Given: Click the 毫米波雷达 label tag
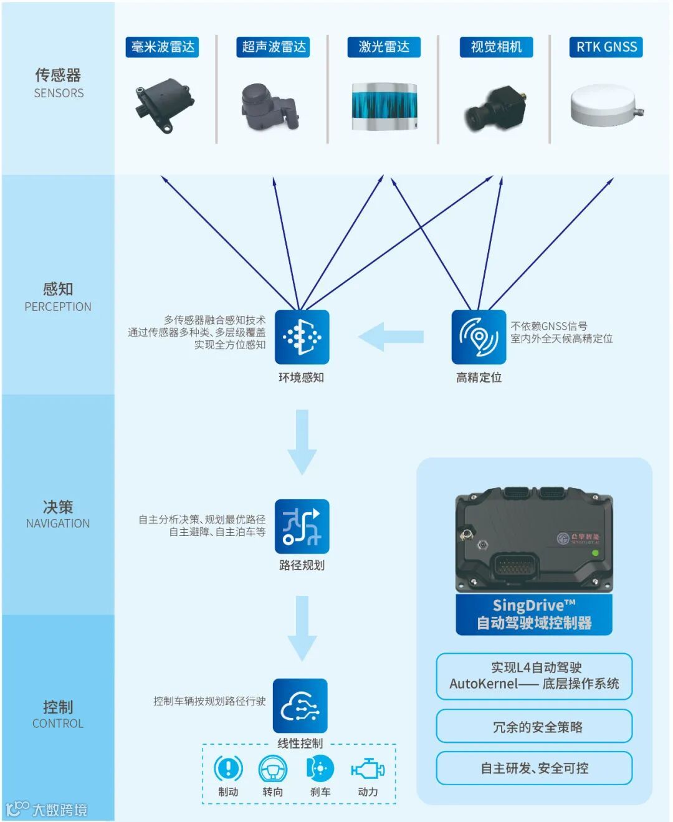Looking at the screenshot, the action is (x=163, y=47).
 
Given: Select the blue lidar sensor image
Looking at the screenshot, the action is (x=384, y=107).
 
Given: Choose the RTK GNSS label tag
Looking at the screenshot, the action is (x=606, y=47).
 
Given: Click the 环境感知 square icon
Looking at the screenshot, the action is (x=302, y=337).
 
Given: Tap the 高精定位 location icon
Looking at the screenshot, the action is (x=479, y=337).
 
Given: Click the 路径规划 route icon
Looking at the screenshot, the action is (x=302, y=527).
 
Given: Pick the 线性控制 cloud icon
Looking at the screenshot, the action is (x=300, y=706).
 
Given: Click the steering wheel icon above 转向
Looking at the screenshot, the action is (x=273, y=769).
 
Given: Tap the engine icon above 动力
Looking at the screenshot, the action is (x=368, y=769).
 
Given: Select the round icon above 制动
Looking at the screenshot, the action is (x=228, y=768).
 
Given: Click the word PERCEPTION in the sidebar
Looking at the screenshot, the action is (x=58, y=307).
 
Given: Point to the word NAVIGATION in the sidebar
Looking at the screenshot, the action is (x=58, y=523).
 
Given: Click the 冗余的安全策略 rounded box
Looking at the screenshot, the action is (x=534, y=727).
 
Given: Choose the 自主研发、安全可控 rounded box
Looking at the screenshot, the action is (x=534, y=768).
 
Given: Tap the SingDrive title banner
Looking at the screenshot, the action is (x=534, y=614).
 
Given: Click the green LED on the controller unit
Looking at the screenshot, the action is (x=595, y=553).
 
